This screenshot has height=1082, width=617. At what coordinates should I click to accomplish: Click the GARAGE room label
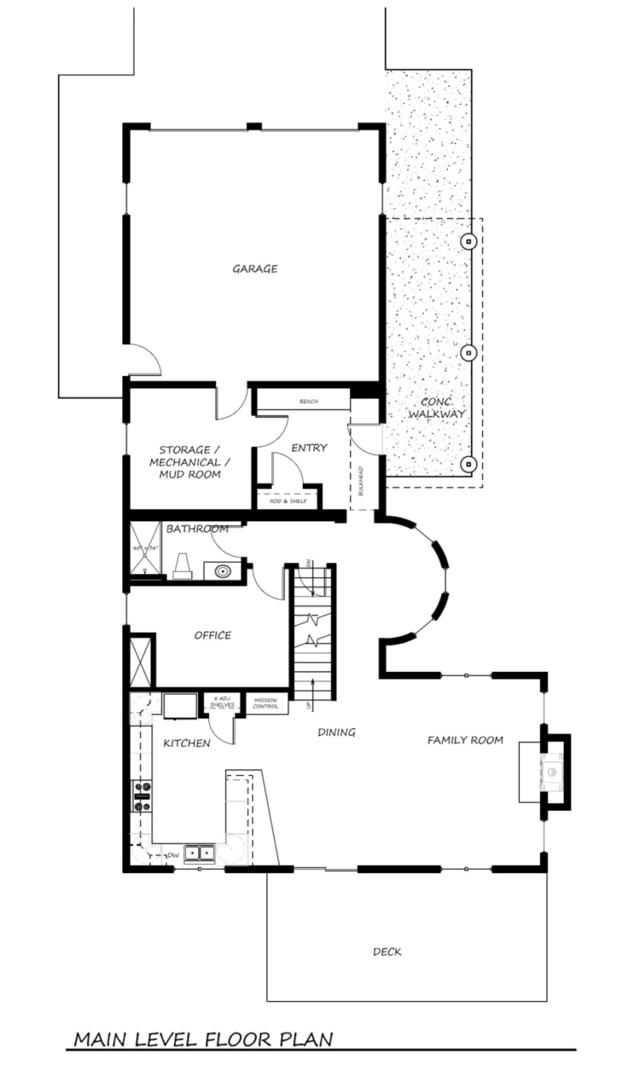(255, 269)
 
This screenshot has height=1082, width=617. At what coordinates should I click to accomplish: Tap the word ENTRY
(309, 448)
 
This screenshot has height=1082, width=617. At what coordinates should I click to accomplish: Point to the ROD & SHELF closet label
(288, 502)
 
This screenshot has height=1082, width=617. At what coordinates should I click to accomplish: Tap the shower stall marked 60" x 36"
(143, 550)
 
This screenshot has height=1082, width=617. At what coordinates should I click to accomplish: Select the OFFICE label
(212, 636)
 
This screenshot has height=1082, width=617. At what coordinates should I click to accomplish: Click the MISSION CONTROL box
(265, 704)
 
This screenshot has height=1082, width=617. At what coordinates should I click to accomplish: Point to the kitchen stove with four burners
(142, 796)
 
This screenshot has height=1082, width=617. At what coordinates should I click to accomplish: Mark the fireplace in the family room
(552, 773)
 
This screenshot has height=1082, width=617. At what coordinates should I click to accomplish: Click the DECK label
(386, 952)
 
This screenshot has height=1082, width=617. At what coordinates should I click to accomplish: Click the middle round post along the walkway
(467, 353)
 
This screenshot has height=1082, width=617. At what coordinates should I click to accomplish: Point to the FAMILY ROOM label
(465, 741)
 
